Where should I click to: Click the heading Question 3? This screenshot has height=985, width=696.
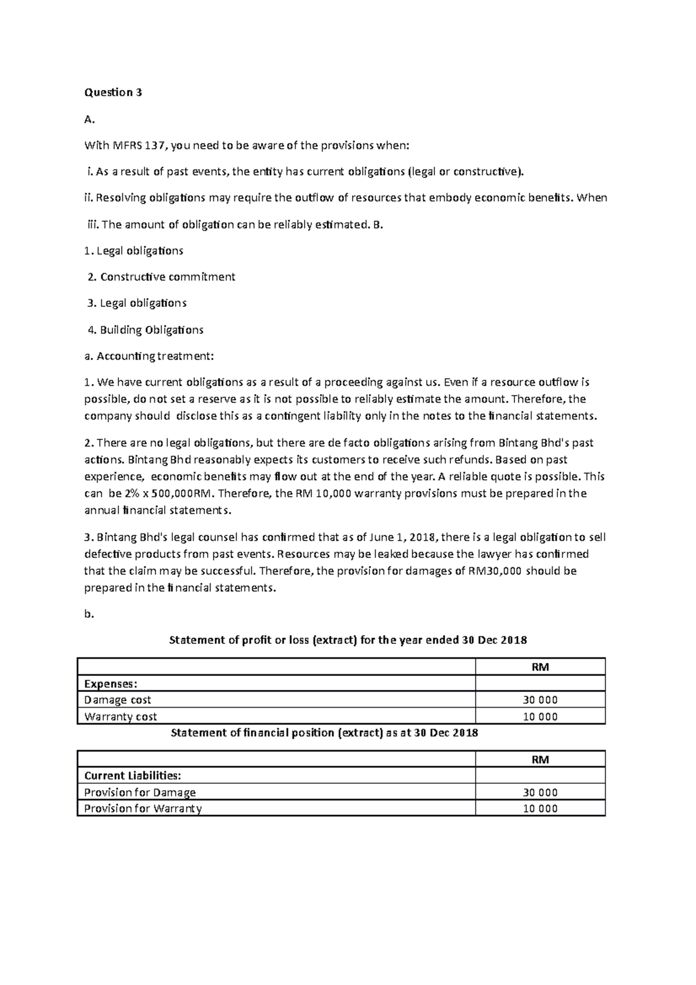[113, 92]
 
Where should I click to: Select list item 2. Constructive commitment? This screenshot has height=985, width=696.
[161, 277]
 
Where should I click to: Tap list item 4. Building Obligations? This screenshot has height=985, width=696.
[145, 330]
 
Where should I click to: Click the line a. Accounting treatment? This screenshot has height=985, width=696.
[149, 356]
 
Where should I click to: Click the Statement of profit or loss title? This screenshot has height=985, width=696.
[347, 640]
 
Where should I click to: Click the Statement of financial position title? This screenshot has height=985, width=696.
[324, 733]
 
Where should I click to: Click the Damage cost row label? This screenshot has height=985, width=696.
[118, 700]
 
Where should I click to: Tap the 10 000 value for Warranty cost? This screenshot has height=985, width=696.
[540, 717]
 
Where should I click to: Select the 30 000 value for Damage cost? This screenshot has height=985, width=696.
[540, 700]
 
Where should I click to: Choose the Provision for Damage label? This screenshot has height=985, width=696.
[140, 792]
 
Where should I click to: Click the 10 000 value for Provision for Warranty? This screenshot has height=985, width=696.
[540, 809]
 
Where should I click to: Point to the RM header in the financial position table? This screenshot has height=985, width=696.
[540, 759]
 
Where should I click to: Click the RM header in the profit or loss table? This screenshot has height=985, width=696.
[540, 667]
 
